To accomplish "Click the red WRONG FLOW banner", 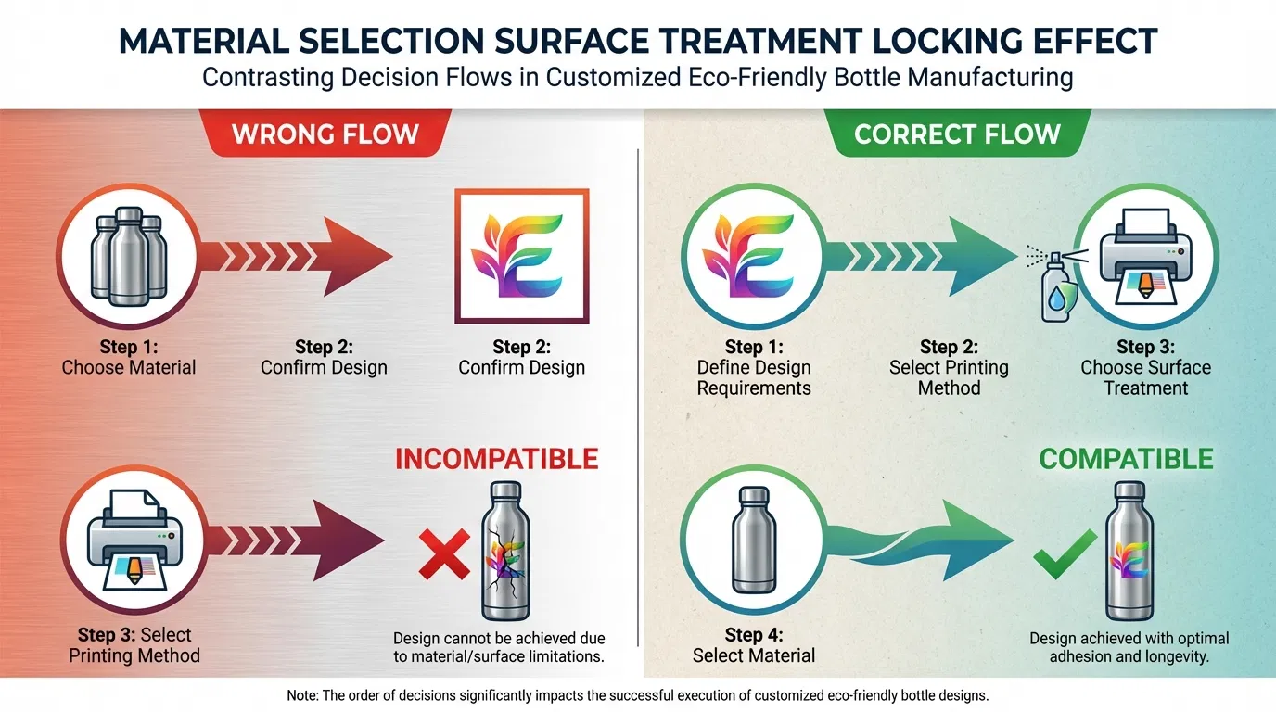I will tap(325, 133).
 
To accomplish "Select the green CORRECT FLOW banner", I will tap(957, 133).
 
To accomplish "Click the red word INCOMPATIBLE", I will tap(496, 459).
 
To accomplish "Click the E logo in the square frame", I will tap(521, 256).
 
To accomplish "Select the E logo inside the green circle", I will tap(753, 256).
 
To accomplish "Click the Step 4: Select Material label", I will tap(753, 645).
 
